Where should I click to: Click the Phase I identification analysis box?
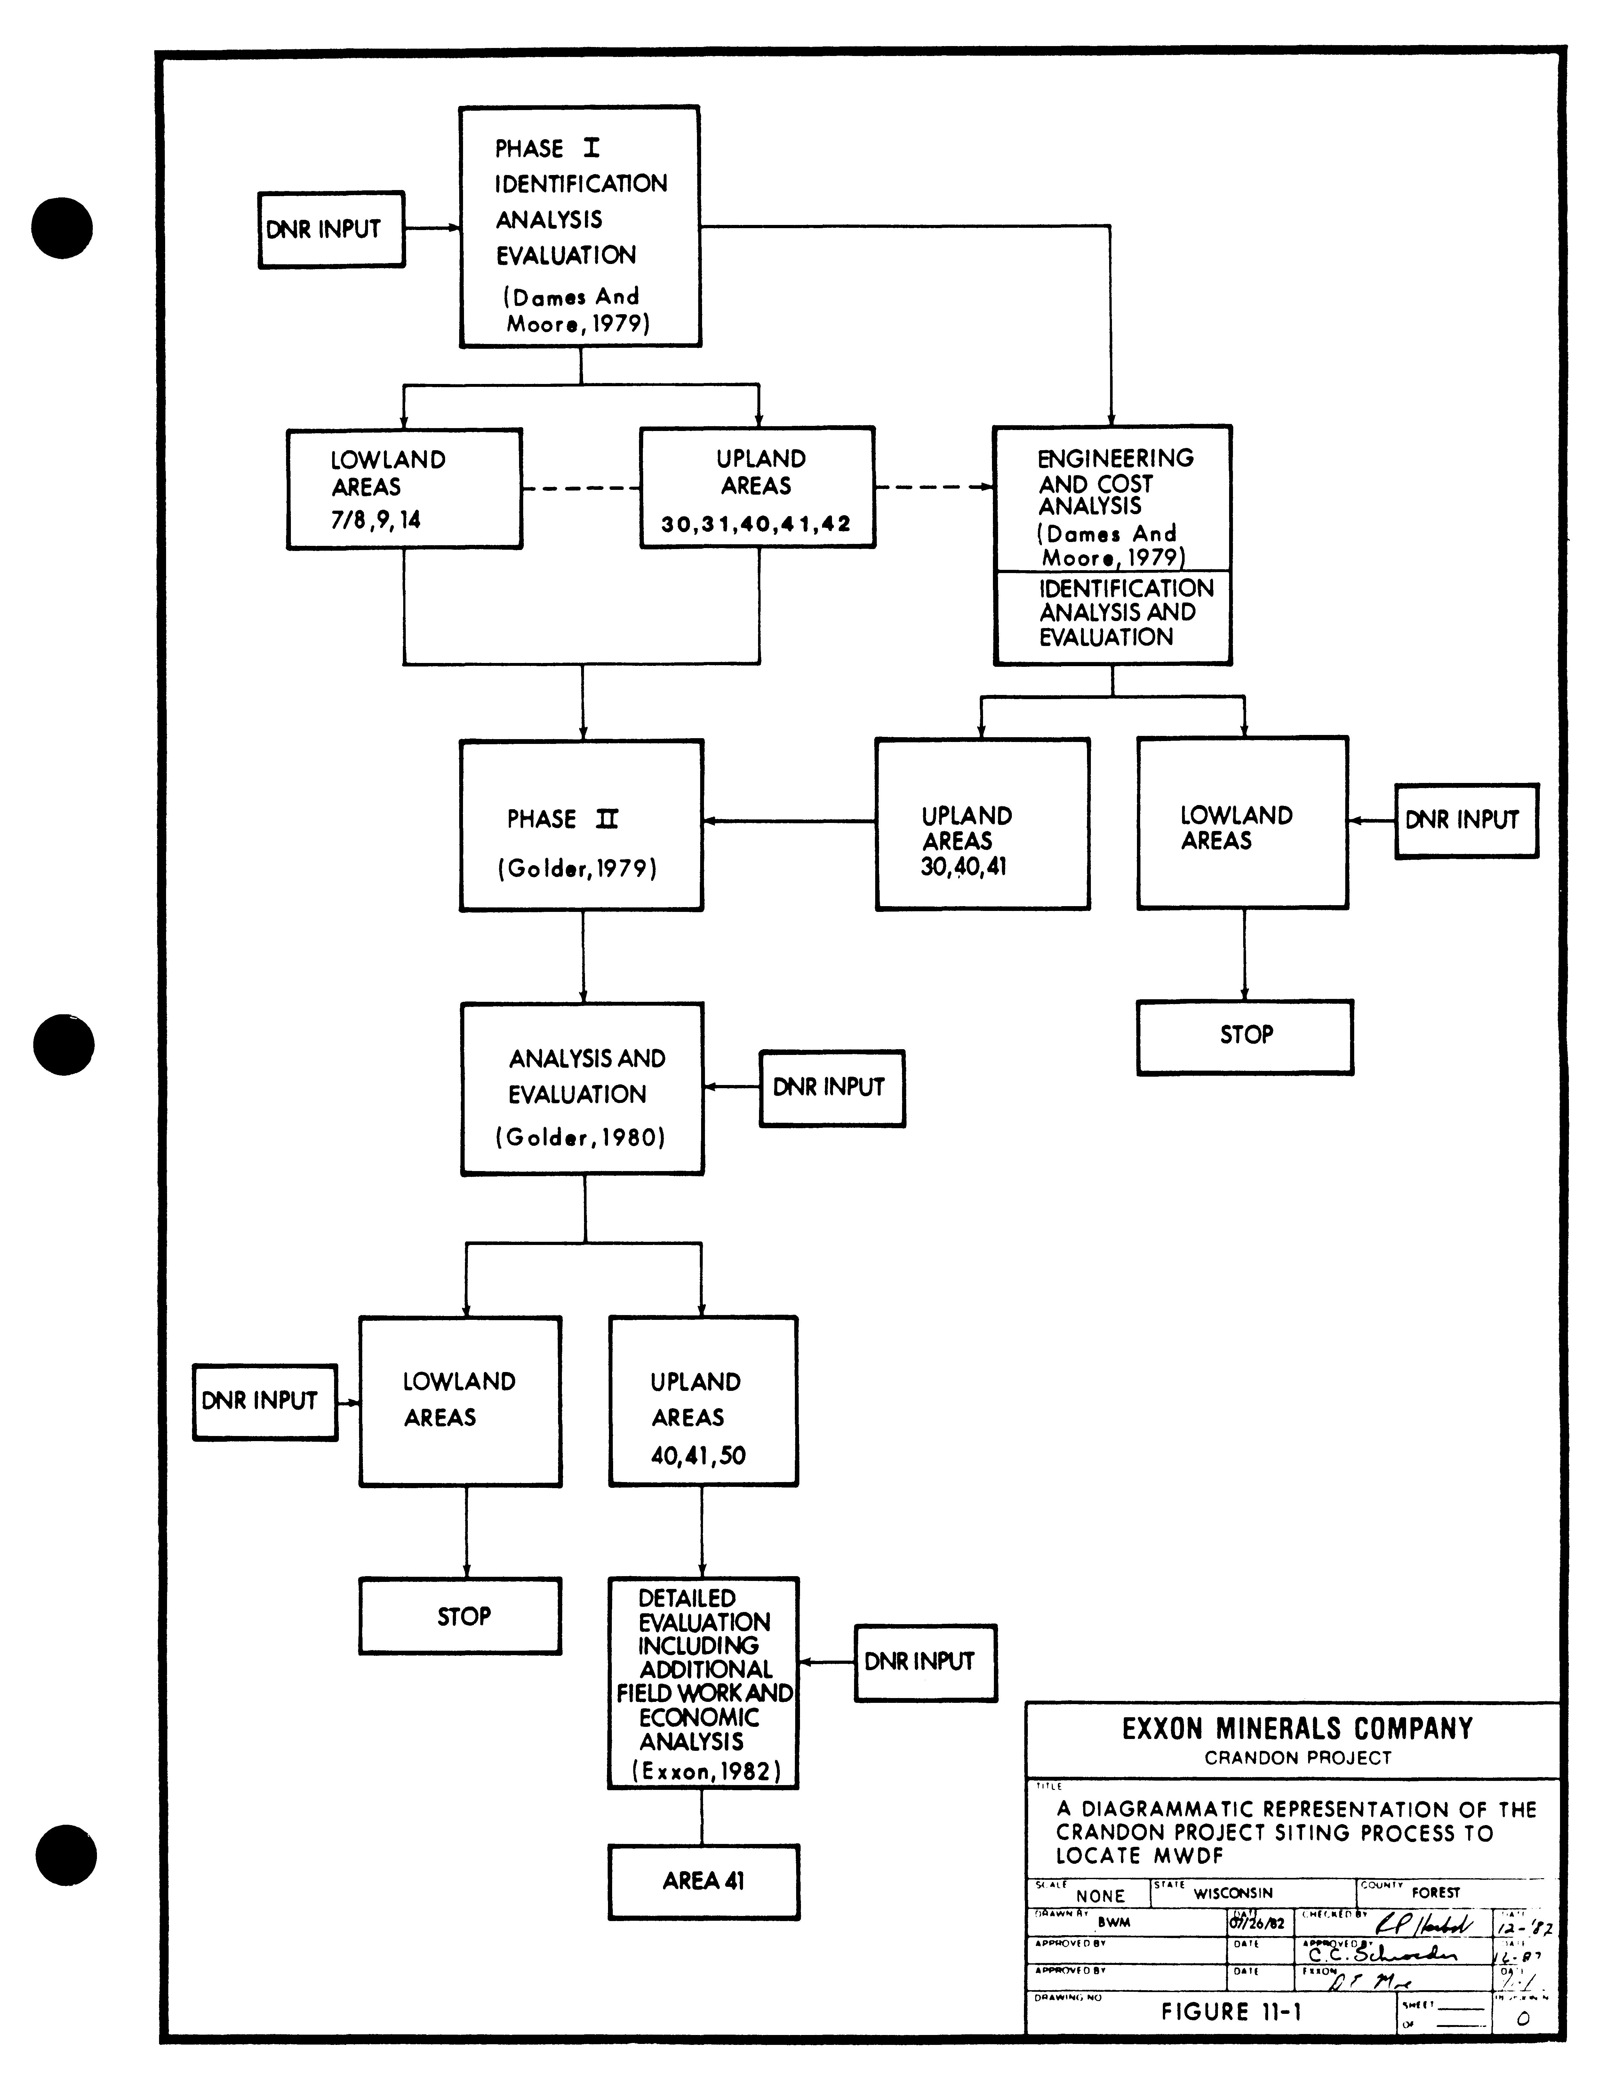point(580,227)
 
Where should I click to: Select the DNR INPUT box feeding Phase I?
point(331,229)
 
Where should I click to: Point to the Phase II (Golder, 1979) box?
point(581,825)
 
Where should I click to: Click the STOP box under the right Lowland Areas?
point(1244,1038)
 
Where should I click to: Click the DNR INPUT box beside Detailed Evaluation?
point(925,1663)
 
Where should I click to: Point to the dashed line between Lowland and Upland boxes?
point(580,489)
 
